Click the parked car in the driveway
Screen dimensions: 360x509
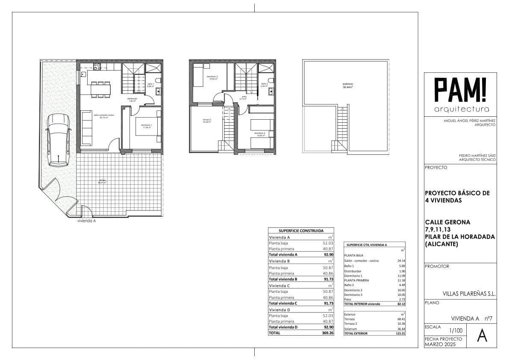59,140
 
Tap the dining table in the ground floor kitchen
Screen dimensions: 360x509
98,89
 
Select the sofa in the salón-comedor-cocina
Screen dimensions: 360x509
86,128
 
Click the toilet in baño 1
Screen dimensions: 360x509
158,80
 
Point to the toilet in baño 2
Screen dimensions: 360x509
271,80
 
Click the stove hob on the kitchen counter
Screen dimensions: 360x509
97,67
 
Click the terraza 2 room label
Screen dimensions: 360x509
207,121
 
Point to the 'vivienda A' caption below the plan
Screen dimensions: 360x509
86,221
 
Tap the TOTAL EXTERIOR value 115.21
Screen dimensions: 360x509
399,333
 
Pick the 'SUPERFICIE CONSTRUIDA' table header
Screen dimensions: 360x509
301,230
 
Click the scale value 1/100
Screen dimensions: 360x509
456,330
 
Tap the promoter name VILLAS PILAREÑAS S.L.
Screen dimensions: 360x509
469,294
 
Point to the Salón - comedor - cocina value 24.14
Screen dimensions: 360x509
400,261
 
